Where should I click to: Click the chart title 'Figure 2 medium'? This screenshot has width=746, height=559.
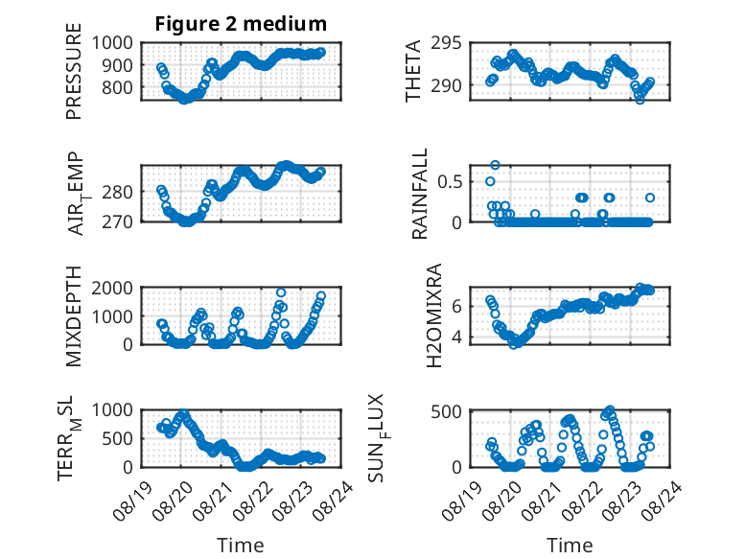point(241,24)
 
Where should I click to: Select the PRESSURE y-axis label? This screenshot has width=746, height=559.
point(74,71)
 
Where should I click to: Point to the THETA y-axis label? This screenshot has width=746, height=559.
point(413,71)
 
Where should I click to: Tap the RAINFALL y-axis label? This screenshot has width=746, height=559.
point(420,194)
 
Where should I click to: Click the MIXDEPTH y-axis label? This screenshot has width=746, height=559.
point(74,316)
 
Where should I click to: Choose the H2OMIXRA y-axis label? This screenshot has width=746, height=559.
point(434,315)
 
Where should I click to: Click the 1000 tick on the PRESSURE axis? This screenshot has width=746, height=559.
point(112,43)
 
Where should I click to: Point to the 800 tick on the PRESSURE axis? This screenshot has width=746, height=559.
point(118,87)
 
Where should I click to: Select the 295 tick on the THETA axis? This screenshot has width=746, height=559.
point(446,43)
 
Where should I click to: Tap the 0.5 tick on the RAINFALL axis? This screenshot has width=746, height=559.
point(450,182)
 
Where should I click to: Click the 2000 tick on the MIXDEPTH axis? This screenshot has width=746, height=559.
point(112,288)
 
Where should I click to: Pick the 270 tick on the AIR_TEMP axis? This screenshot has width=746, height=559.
point(118,221)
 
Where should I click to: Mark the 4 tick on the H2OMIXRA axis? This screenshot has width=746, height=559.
point(456,338)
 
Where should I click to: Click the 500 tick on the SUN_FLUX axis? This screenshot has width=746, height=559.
point(446,411)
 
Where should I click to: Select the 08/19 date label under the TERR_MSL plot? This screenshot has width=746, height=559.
point(132,501)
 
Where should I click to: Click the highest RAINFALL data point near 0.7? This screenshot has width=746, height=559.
point(496,165)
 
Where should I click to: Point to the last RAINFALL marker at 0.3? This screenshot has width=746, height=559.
point(650,198)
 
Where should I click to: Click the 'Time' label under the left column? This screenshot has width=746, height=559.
point(241,546)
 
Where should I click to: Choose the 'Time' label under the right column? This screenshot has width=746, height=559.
point(570,546)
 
